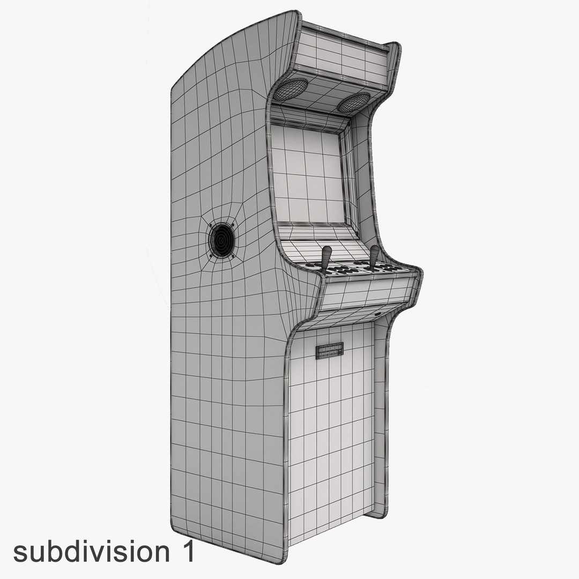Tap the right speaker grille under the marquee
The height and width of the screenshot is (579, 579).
pyautogui.click(x=354, y=102)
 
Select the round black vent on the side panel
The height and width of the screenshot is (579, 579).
pyautogui.click(x=221, y=240)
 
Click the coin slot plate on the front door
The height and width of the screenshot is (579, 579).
pyautogui.click(x=330, y=351)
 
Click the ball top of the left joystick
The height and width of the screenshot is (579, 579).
pyautogui.click(x=326, y=250)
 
